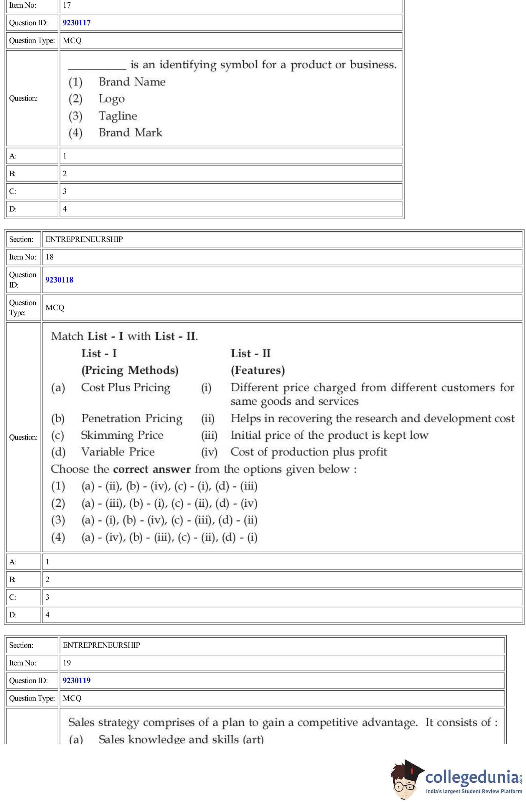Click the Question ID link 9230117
(77, 23)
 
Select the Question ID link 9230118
(60, 280)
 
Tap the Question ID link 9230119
(77, 680)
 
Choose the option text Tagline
(118, 116)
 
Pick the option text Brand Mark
(130, 133)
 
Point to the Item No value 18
(50, 257)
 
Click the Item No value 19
(67, 663)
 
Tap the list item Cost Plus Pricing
(126, 387)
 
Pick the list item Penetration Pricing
(132, 418)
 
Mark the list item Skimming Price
(122, 435)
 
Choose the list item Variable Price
(118, 452)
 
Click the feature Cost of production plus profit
(309, 452)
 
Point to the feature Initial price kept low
(329, 435)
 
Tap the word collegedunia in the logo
(472, 777)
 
